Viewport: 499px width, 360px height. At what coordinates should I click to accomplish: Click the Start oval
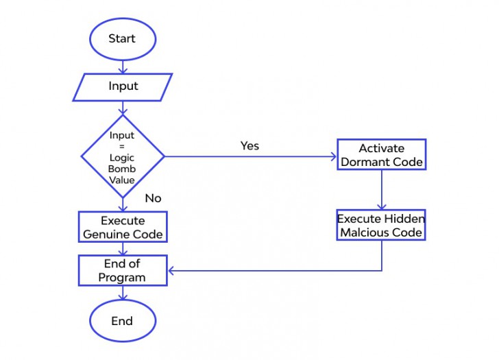click(x=122, y=38)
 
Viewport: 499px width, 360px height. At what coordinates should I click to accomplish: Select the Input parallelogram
click(x=123, y=86)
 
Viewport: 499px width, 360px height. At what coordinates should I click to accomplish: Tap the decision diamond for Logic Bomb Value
click(x=123, y=156)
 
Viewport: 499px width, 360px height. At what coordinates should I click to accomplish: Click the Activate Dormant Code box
click(x=381, y=156)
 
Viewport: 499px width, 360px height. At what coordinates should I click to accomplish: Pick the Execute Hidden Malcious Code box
click(x=381, y=226)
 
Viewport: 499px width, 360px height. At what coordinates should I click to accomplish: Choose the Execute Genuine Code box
click(x=123, y=228)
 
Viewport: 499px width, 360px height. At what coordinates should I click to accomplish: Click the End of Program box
click(x=123, y=270)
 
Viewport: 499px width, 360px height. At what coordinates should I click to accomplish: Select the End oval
click(x=122, y=321)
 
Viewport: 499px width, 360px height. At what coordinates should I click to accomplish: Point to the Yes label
click(x=249, y=146)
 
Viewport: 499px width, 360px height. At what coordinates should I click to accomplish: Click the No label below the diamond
click(x=153, y=198)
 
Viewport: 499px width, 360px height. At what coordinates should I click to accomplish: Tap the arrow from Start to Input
click(x=123, y=66)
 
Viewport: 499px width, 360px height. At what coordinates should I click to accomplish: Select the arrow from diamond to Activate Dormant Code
click(x=250, y=156)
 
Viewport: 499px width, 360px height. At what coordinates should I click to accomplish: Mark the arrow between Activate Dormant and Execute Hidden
click(x=381, y=190)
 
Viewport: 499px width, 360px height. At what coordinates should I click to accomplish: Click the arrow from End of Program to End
click(x=123, y=293)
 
